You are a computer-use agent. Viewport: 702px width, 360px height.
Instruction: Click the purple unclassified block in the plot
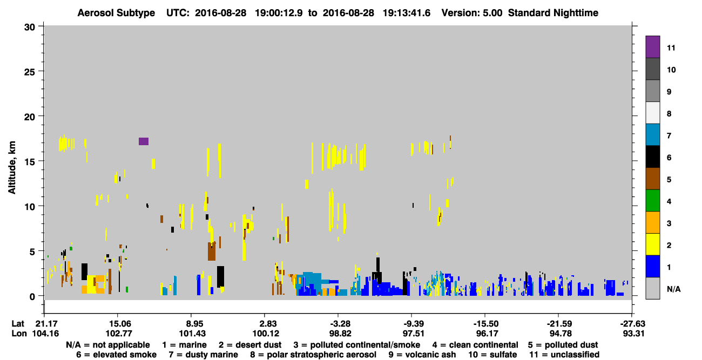click(144, 141)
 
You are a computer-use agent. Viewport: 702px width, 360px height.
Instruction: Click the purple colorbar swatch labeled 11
click(652, 47)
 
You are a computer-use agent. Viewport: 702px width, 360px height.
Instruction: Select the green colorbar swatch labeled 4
click(652, 201)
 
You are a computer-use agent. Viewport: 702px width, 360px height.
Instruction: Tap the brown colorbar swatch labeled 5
click(652, 179)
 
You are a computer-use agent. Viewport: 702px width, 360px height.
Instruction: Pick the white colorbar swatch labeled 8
click(652, 113)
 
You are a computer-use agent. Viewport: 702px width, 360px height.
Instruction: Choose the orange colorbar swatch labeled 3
click(652, 222)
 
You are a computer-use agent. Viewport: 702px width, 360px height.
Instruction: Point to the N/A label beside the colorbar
click(673, 289)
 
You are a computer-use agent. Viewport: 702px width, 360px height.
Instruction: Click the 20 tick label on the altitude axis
click(30, 117)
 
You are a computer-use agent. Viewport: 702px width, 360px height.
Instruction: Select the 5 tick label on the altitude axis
click(32, 252)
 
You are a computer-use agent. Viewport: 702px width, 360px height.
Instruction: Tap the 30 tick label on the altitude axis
click(30, 28)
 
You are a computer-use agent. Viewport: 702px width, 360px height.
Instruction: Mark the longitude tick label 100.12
click(266, 334)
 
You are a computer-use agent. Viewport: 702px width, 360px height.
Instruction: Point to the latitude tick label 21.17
click(46, 323)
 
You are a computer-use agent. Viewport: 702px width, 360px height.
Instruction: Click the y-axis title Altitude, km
click(12, 168)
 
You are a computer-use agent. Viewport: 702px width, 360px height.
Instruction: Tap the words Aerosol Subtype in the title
click(116, 13)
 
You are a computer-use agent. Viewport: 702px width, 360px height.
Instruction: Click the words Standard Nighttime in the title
click(553, 13)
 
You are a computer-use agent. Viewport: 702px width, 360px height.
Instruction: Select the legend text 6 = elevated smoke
click(116, 355)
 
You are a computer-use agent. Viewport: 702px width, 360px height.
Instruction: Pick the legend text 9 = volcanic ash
click(422, 355)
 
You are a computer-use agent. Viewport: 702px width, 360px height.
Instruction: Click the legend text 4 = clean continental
click(475, 345)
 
